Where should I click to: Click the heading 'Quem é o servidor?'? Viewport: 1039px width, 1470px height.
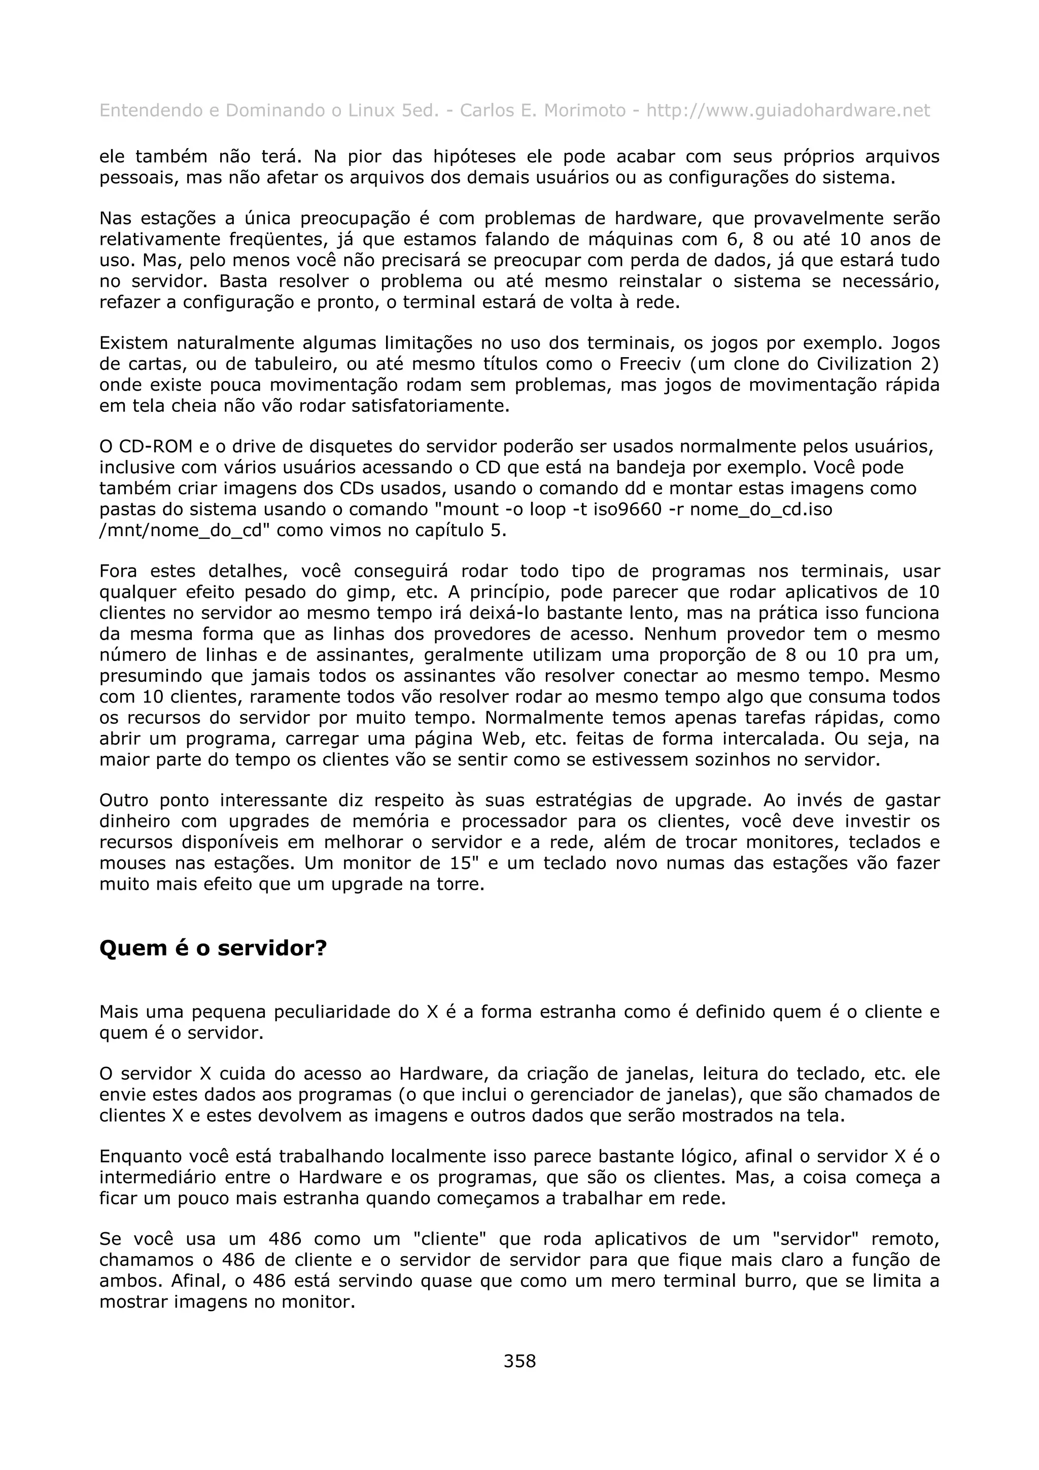pyautogui.click(x=213, y=948)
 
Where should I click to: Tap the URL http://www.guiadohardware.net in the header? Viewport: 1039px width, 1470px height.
pyautogui.click(x=787, y=111)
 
